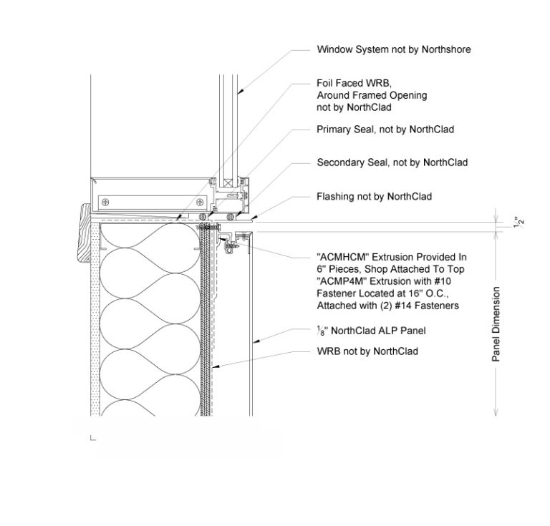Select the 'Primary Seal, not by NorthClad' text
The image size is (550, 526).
[x=385, y=130]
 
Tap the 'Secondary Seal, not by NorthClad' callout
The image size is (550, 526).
[x=392, y=162]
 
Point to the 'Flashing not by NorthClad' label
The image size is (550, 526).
[x=374, y=196]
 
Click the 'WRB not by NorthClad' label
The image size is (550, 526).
[x=367, y=351]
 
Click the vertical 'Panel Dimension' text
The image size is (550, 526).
[x=496, y=324]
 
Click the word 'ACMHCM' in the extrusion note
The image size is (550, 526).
[x=342, y=256]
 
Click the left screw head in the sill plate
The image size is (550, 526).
[x=106, y=200]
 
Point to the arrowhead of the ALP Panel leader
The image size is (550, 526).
[x=252, y=342]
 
